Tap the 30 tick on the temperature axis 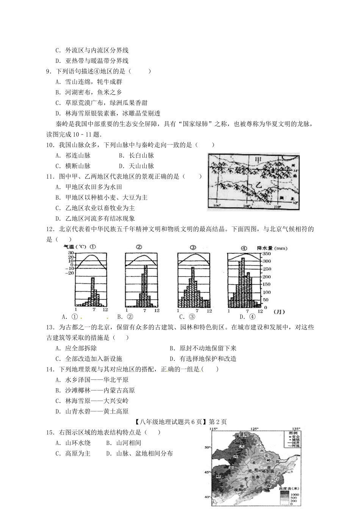pos(70,253)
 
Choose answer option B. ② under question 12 pos(125,317)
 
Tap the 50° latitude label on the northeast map pos(207,447)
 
